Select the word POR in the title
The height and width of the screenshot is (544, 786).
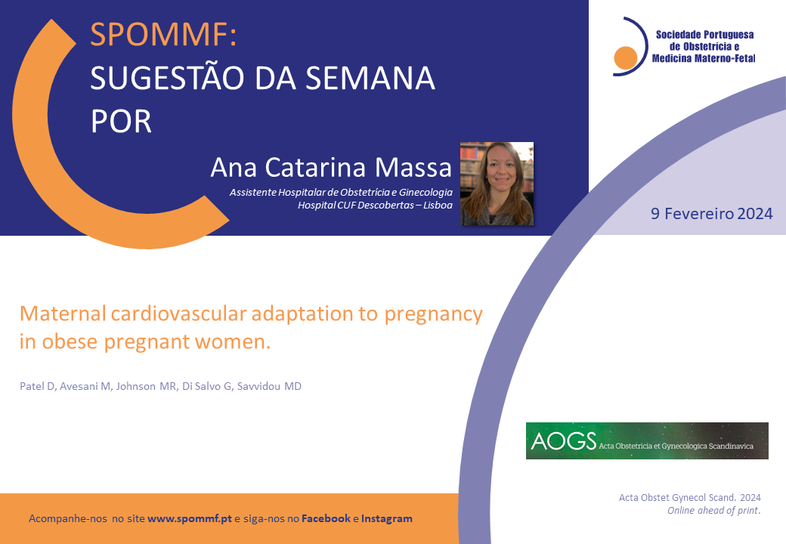coord(121,121)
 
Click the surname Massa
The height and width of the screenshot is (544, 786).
coord(413,167)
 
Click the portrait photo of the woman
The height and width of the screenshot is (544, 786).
coord(497,184)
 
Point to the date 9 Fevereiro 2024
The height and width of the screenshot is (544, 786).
coord(711,214)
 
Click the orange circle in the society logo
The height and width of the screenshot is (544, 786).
coord(626,57)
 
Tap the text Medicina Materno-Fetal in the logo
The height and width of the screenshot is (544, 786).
coord(704,59)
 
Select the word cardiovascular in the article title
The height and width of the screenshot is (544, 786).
coord(178,314)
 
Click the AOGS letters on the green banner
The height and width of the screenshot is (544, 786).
coord(564,440)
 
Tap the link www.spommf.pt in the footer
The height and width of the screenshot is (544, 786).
coord(190,519)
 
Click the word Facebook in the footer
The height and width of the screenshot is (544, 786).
coord(326,518)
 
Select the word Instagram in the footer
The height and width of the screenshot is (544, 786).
coord(386,519)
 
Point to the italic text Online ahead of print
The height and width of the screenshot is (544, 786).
coord(713,511)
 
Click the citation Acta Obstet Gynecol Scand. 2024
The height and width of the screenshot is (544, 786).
coord(690,497)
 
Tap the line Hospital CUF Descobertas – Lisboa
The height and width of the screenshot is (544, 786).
coord(375,206)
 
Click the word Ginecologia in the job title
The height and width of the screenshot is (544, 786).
coord(425,193)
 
